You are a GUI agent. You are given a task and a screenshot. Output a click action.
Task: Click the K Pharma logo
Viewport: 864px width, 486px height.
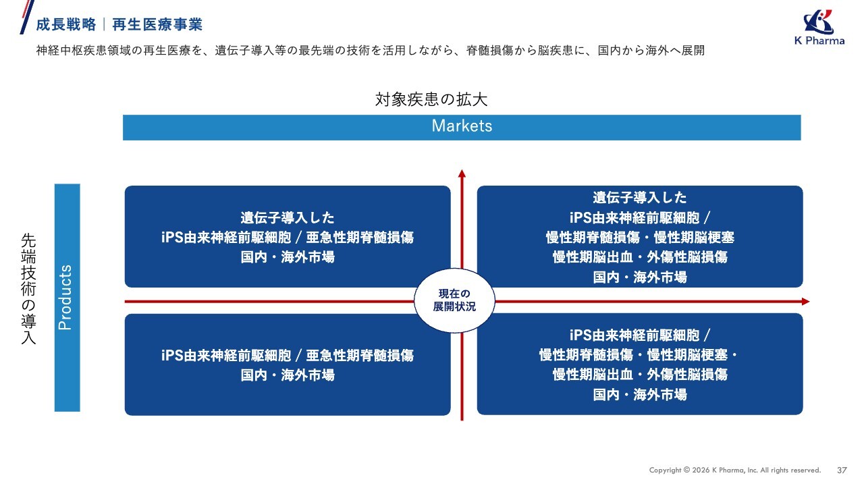(819, 28)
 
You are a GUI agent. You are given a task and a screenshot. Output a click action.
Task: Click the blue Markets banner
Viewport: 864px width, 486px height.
(462, 128)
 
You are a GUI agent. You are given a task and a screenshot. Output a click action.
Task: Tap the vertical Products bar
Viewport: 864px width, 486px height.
(67, 298)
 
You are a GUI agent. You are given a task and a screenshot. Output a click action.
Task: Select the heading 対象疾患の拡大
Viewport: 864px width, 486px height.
(431, 99)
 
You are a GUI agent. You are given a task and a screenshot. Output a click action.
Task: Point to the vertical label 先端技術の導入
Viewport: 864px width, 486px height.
(28, 288)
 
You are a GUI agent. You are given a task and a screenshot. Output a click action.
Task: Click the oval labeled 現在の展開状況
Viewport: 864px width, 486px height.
(454, 300)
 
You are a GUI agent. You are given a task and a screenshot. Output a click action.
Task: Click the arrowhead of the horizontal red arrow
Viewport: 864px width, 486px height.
(806, 302)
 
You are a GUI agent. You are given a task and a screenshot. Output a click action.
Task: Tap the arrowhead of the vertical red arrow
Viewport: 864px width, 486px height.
(462, 173)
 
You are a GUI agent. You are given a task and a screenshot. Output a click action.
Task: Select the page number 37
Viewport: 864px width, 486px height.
(842, 470)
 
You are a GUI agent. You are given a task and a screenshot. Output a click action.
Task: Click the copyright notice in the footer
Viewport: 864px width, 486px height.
(735, 470)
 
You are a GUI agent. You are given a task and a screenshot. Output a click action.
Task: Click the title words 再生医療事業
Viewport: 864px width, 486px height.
(157, 25)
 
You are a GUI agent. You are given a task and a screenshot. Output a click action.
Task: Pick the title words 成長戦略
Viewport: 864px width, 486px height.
(66, 25)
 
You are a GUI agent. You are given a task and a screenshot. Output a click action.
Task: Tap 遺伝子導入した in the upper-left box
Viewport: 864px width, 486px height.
(288, 218)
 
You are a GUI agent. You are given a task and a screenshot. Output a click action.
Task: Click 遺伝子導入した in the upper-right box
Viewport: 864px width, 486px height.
(640, 198)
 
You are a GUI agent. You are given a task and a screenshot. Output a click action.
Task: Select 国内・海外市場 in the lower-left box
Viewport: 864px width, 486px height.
(288, 375)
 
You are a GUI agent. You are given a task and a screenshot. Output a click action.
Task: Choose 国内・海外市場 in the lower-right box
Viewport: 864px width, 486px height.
(640, 395)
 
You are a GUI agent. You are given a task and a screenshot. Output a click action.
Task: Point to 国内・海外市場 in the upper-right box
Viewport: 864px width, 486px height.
(640, 277)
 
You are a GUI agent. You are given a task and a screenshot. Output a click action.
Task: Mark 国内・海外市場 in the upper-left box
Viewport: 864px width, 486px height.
(288, 257)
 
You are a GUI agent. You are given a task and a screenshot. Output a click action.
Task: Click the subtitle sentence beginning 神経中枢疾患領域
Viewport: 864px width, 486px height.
(371, 51)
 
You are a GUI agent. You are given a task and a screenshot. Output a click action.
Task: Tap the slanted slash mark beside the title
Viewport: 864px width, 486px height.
(27, 17)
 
